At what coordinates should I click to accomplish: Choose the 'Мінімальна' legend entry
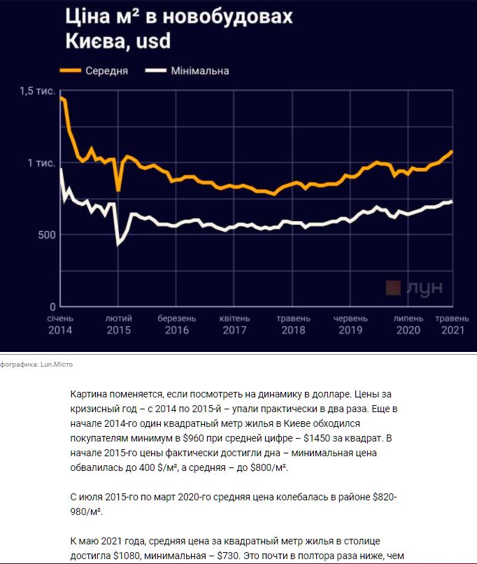tap(199, 71)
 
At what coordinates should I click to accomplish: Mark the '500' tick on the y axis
tap(45, 234)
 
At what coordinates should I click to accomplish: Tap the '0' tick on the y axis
tap(51, 306)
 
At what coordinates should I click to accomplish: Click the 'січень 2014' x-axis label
tap(61, 325)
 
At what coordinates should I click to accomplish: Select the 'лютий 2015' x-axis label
tap(118, 325)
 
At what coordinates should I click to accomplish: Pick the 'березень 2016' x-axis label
tap(176, 325)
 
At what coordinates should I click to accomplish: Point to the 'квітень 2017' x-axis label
tap(235, 325)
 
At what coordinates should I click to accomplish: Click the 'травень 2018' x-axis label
tap(292, 325)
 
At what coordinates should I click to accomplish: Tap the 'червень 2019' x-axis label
tap(350, 325)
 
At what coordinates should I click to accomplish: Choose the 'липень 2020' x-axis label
tap(408, 325)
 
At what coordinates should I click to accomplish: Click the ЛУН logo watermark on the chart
tap(414, 288)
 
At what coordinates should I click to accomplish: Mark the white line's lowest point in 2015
tap(118, 244)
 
